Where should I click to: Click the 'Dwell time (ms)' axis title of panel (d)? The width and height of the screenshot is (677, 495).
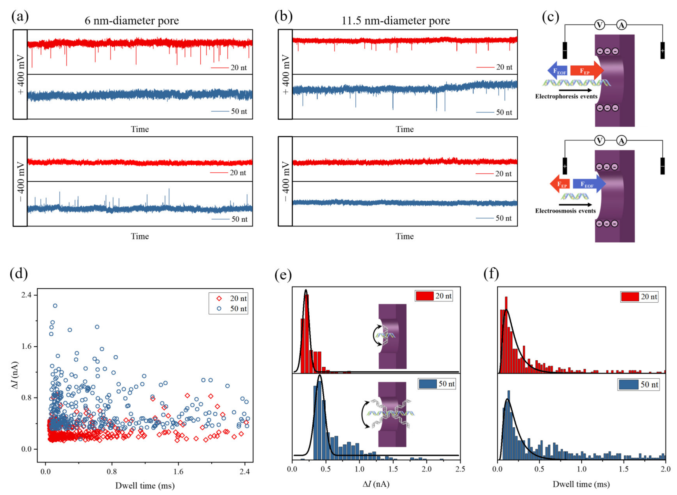point(145,485)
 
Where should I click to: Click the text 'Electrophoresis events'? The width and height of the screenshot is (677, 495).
point(566,96)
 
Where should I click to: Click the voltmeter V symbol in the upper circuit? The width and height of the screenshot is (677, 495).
point(599,25)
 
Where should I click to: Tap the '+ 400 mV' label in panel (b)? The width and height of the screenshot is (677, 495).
point(286,74)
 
